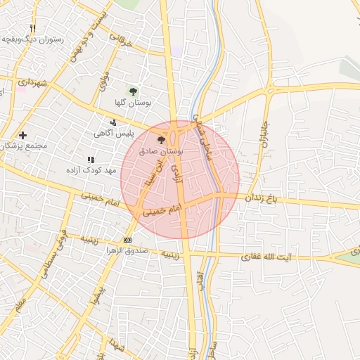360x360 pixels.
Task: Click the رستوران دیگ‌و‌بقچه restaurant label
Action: pyautogui.click(x=34, y=40)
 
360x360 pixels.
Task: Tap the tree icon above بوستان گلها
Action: pyautogui.click(x=133, y=91)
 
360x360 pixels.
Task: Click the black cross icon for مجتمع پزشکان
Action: pyautogui.click(x=23, y=135)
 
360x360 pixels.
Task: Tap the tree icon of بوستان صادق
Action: pyautogui.click(x=172, y=141)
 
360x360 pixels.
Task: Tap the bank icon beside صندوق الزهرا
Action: pyautogui.click(x=127, y=240)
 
